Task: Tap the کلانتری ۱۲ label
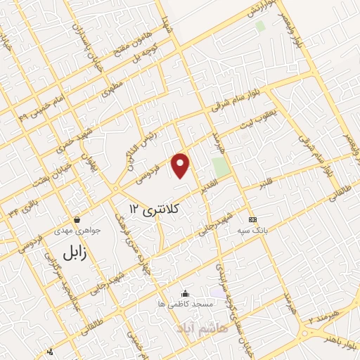pyautogui.click(x=155, y=208)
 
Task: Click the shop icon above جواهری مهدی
pyautogui.click(x=77, y=219)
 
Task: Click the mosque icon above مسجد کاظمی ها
pyautogui.click(x=185, y=293)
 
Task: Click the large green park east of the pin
pyautogui.click(x=221, y=167)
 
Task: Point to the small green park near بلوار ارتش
pyautogui.click(x=260, y=26)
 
